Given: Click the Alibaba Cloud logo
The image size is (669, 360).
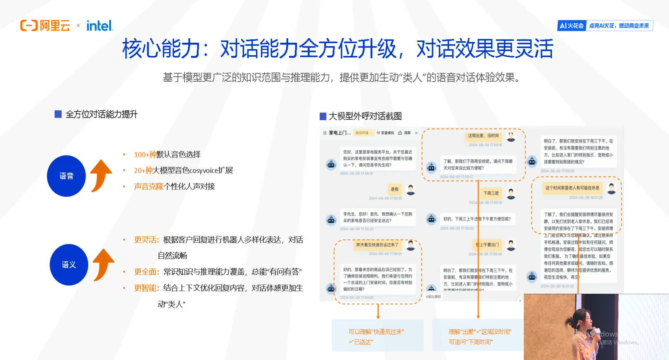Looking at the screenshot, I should [45, 26].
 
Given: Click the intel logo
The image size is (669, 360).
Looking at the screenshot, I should [99, 26].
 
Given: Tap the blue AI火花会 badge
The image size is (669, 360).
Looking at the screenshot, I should [572, 26].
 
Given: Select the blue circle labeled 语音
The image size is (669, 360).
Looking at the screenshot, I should [66, 176].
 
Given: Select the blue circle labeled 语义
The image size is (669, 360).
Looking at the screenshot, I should [69, 264].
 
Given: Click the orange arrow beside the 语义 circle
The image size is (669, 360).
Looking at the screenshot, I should [103, 264].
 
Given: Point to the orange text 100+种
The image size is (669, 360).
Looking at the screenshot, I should [145, 154].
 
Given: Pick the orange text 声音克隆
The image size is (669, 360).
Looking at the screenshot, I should [149, 186].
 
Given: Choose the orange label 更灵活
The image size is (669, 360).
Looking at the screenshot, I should [146, 240].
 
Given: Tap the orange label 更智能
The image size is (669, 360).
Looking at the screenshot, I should [146, 288].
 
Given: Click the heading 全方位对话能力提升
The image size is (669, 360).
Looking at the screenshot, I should [101, 114].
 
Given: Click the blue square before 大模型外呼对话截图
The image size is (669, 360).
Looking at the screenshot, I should [323, 116].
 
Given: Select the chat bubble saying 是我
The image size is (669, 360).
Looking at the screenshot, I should [394, 189].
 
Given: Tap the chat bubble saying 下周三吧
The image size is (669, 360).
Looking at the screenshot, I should [491, 193].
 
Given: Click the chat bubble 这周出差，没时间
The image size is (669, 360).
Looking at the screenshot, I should [483, 136].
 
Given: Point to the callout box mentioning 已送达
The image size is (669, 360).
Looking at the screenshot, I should [378, 336].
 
